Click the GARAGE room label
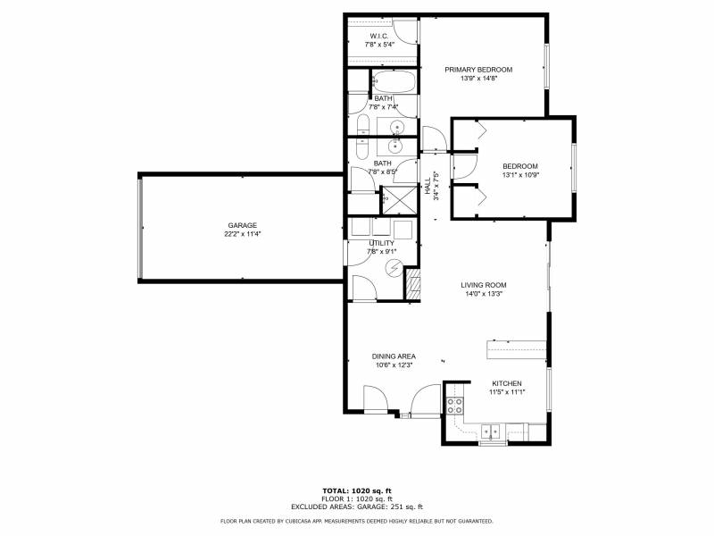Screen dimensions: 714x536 click(242, 225)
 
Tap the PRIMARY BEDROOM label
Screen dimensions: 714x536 click(478, 70)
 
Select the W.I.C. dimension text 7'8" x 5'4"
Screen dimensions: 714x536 click(378, 45)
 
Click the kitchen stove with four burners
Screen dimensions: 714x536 click(454, 406)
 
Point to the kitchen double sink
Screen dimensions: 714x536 click(490, 431)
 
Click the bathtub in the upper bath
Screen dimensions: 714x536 click(394, 81)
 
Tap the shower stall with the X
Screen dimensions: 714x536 click(398, 199)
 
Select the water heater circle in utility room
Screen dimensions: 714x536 click(394, 267)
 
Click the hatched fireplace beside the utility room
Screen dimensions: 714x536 click(413, 284)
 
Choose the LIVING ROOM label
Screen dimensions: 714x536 click(484, 285)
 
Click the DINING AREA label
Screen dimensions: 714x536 click(394, 356)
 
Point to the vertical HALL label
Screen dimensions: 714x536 click(428, 186)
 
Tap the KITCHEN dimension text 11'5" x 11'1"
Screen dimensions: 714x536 click(507, 392)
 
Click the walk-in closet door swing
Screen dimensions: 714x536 click(405, 32)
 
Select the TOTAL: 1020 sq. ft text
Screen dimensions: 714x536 click(357, 490)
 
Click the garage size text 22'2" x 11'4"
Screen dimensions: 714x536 click(242, 234)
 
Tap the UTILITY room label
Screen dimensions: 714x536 click(382, 243)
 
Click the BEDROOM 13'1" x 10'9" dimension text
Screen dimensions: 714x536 click(520, 175)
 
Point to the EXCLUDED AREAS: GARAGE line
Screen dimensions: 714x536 click(357, 507)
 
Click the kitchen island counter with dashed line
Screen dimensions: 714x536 click(517, 349)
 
